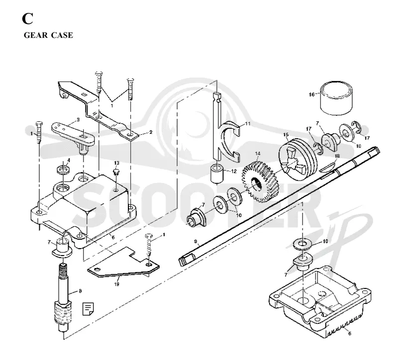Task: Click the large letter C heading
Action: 27,18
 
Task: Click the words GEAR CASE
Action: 48,35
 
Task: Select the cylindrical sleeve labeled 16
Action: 336,98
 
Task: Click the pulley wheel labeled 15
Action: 298,159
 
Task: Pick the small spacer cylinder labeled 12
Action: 217,174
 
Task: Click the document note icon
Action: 88,309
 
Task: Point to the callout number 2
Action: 151,132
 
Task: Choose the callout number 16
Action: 311,94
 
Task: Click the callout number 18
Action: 337,156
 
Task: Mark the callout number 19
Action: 116,284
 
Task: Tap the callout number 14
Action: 258,154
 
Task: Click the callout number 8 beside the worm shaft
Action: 80,291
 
